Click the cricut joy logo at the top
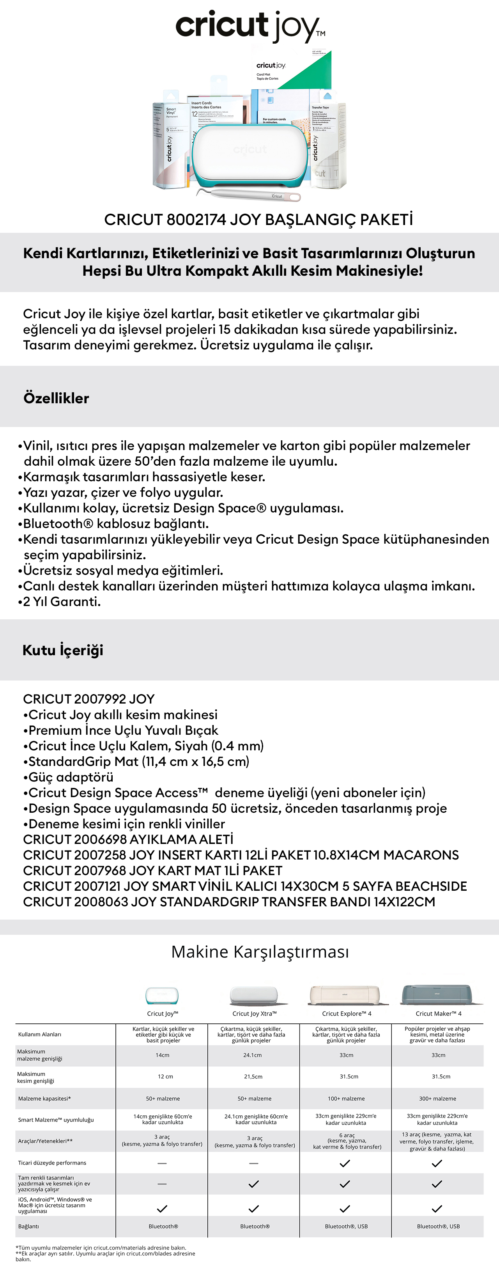(x=249, y=26)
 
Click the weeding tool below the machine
(x=248, y=195)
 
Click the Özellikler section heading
(x=56, y=398)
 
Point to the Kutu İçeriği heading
(x=63, y=650)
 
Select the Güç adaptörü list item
(x=71, y=777)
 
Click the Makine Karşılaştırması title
(x=260, y=952)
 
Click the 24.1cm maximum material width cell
(x=253, y=1055)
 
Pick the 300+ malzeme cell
(x=437, y=1098)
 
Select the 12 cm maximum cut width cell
(x=162, y=1077)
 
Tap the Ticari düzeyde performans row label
(x=52, y=1163)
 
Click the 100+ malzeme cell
(x=346, y=1098)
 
